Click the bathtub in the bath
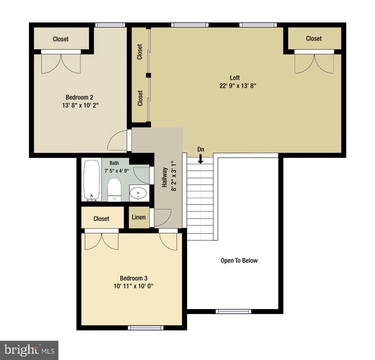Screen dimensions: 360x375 pos(92,180)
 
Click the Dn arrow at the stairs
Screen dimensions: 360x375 pos(201,159)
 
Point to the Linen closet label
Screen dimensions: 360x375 pos(139,217)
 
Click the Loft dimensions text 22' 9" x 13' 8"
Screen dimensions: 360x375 pos(238,86)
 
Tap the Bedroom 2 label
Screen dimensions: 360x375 pos(79,97)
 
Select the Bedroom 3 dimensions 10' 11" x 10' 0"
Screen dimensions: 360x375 pos(133,286)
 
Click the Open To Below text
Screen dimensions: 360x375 pos(239,261)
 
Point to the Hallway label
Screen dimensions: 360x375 pos(165,177)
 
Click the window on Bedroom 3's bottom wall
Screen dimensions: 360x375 pos(145,328)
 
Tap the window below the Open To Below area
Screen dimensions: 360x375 pos(233,311)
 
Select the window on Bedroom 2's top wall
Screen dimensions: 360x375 pos(110,25)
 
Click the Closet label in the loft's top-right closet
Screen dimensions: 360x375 pos(314,39)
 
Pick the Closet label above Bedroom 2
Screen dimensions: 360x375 pos(61,39)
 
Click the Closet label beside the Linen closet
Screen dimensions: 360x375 pos(101,219)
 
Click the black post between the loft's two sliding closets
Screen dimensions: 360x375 pos(149,75)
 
